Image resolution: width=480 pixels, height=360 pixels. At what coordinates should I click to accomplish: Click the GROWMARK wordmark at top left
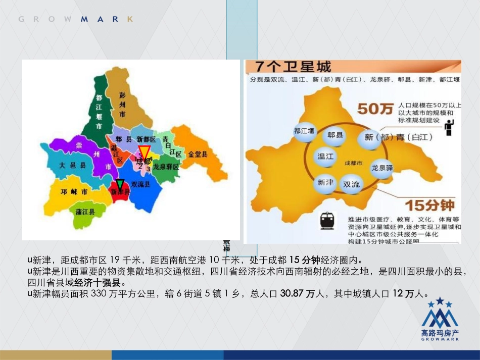coord(76,19)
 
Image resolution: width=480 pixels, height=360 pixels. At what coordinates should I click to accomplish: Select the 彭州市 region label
coord(122,102)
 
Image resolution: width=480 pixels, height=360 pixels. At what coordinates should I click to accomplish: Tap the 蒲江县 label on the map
coord(85,212)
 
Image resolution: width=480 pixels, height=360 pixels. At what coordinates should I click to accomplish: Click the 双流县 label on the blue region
coord(140,185)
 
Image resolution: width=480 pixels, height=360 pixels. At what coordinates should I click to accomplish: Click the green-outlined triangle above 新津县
coord(120,184)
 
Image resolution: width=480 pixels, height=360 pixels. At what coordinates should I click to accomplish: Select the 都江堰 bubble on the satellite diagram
coord(304,131)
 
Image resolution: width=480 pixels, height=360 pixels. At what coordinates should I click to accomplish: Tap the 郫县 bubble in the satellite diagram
coord(335,135)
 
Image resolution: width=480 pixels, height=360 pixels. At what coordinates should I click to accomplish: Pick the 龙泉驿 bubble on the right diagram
coord(382,168)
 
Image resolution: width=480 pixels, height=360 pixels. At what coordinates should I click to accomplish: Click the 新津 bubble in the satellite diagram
coord(325,182)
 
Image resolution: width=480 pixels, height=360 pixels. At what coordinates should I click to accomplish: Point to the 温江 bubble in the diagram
coord(325,157)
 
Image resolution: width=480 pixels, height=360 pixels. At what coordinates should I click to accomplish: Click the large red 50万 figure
coord(375,109)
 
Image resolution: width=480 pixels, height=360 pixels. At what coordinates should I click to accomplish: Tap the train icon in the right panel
coord(327,220)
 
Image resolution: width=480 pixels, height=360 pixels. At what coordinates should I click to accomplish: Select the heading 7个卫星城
coord(294,67)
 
